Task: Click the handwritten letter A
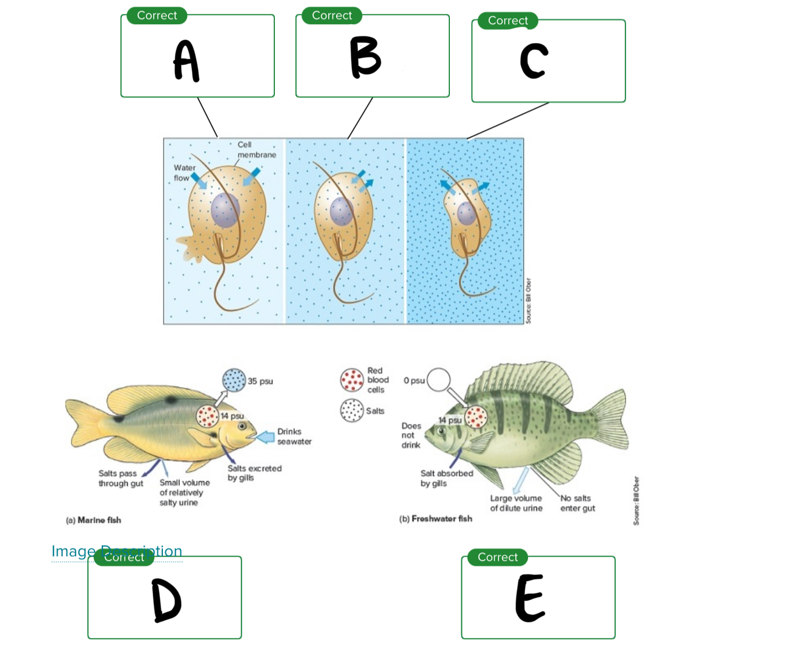[x=187, y=61]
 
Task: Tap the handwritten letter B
[x=365, y=57]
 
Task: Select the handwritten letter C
[x=534, y=61]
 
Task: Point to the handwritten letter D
[x=167, y=600]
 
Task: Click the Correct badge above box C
[x=507, y=21]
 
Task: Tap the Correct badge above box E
[x=497, y=557]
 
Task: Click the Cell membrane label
[x=256, y=150]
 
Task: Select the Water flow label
[x=184, y=173]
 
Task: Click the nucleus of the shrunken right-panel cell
[x=467, y=213]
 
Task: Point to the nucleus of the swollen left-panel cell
[x=225, y=210]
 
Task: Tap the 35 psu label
[x=260, y=381]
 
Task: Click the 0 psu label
[x=414, y=380]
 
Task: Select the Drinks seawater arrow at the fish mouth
[x=265, y=436]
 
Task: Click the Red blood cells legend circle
[x=352, y=380]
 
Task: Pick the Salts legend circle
[x=352, y=410]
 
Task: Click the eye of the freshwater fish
[x=442, y=431]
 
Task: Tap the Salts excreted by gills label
[x=254, y=473]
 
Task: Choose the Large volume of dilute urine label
[x=516, y=503]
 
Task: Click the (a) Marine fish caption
[x=93, y=520]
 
